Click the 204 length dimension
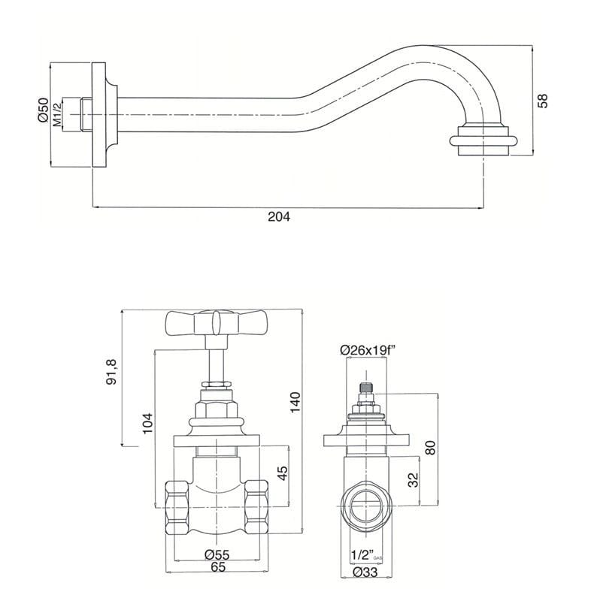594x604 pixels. [x=279, y=216]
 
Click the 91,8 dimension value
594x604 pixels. [x=114, y=372]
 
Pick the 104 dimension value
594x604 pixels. [x=147, y=425]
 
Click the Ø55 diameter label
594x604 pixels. [x=217, y=555]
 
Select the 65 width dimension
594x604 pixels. [x=217, y=569]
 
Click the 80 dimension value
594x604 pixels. [x=430, y=447]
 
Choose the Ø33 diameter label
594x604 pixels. [x=366, y=573]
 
